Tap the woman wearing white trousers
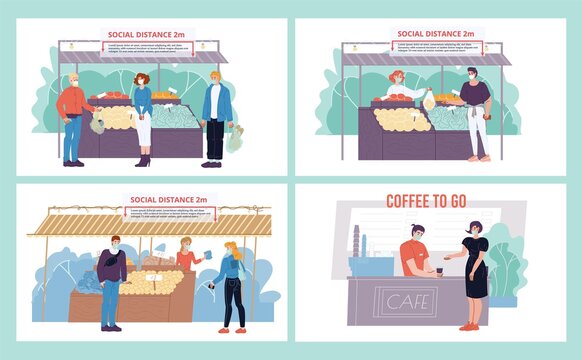coord(143,115)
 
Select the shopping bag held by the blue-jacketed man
coord(234,140)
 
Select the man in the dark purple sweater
coord(111,280)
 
